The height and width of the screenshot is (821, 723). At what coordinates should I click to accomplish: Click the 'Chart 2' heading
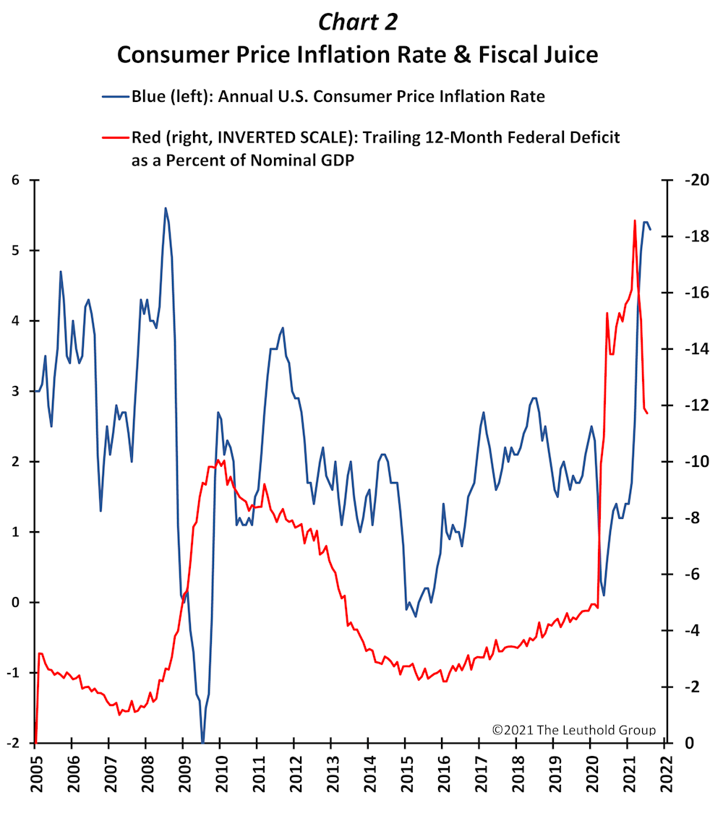(358, 22)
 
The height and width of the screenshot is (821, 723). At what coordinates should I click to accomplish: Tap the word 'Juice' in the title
(568, 54)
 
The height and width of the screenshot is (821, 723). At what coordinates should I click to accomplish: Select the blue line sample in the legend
(116, 97)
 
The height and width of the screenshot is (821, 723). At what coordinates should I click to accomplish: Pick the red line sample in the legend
(116, 138)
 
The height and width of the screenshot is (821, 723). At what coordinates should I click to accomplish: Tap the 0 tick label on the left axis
(15, 602)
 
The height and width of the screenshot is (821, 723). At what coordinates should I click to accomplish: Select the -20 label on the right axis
(697, 180)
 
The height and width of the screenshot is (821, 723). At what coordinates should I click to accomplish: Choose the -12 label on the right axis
(697, 405)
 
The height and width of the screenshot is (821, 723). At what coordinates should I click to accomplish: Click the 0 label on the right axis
(690, 743)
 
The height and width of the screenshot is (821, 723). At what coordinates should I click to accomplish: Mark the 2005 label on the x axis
(36, 773)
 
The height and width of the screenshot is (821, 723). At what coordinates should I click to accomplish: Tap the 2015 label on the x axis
(406, 773)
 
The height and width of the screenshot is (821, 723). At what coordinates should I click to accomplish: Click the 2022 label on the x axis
(666, 773)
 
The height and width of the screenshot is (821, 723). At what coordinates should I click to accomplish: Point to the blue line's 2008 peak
(166, 208)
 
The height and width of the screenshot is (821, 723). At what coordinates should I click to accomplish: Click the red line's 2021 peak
(635, 220)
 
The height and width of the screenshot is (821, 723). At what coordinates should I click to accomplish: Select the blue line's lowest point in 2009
(202, 742)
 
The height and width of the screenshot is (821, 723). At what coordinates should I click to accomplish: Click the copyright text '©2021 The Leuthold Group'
(573, 730)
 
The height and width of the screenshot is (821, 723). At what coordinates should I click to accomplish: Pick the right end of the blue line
(650, 229)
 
